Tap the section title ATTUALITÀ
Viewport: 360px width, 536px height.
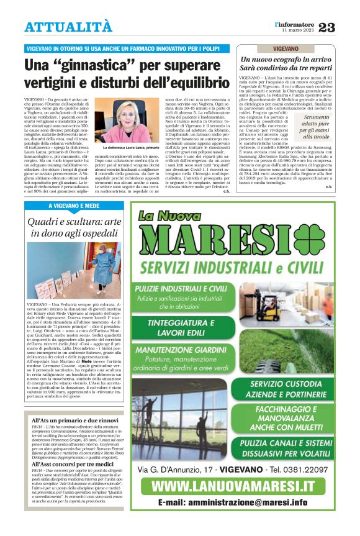pyautogui.click(x=69, y=27)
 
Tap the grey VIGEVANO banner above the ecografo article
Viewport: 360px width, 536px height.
pyautogui.click(x=285, y=48)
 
